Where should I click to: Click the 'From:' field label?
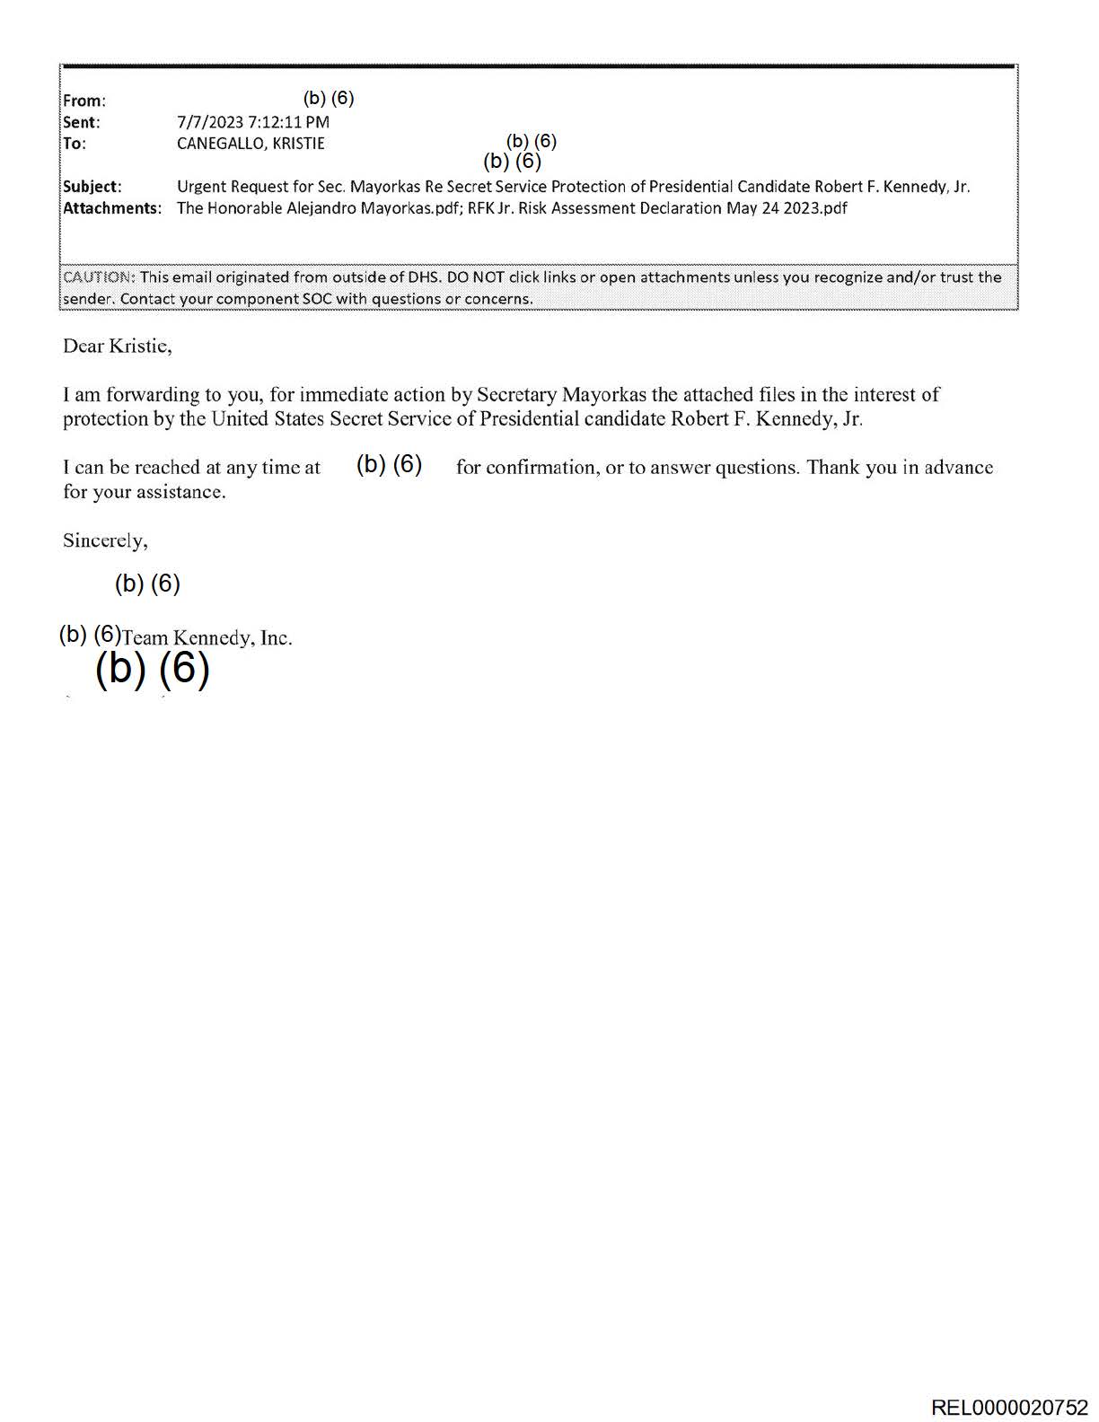click(84, 101)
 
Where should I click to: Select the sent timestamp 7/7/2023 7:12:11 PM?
click(253, 122)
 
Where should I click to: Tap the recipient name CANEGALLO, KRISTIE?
click(251, 144)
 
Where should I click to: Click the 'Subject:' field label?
click(92, 187)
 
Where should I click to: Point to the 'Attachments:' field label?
click(111, 208)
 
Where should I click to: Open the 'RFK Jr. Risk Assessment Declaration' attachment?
click(657, 208)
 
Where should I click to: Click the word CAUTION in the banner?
click(98, 277)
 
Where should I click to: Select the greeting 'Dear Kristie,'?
click(117, 346)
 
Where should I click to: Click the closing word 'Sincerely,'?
click(105, 540)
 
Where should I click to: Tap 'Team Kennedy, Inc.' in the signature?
click(207, 638)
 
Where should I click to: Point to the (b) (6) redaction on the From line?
click(329, 98)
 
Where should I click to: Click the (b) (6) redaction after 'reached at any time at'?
click(389, 464)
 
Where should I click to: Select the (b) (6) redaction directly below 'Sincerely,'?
click(147, 584)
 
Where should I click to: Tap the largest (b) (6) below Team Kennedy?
click(152, 669)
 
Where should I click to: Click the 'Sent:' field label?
click(81, 122)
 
